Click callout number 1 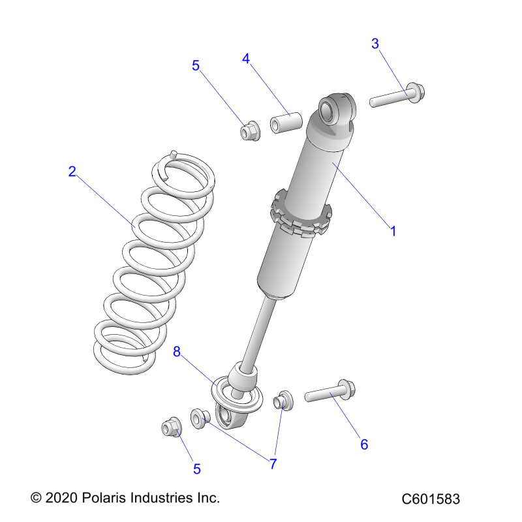coord(393,231)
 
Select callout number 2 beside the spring coord(72,172)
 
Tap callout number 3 coord(375,44)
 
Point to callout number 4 coord(246,59)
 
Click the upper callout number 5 coord(196,66)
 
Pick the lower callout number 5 coord(197,469)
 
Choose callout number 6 coord(364,444)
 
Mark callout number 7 coord(273,464)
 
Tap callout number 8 coord(177,352)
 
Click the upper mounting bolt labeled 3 coord(397,95)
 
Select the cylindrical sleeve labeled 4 coord(286,123)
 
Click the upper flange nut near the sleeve coord(250,131)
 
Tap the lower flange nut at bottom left coord(172,427)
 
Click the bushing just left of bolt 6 coord(283,400)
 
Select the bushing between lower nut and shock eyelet coord(200,419)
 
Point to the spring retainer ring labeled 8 coord(237,395)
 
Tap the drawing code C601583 coord(431,499)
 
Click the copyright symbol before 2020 coord(36,498)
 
